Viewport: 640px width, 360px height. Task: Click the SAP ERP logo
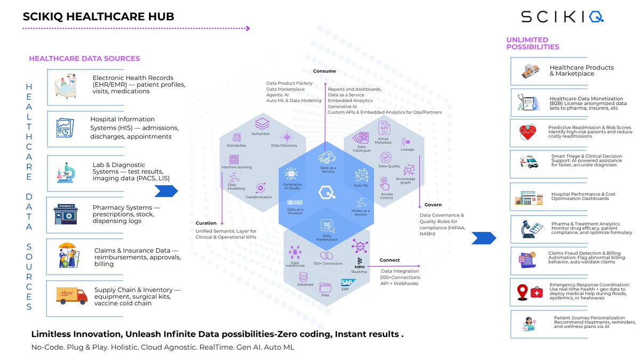348,284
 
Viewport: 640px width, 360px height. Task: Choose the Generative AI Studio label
292,186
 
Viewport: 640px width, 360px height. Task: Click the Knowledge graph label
409,180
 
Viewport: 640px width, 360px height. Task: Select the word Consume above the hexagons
324,71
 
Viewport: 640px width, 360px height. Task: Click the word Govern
433,205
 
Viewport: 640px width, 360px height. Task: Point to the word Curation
206,223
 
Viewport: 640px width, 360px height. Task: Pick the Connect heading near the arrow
389,260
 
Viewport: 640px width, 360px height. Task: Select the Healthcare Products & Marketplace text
581,70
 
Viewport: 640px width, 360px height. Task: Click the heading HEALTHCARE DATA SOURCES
84,59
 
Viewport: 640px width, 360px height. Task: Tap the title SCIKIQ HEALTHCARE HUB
98,17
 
